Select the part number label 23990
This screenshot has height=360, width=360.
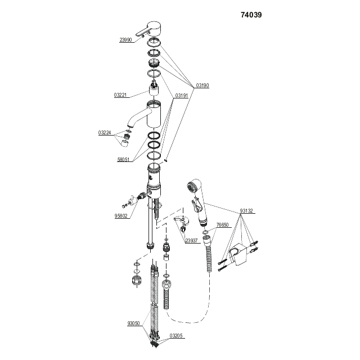125,40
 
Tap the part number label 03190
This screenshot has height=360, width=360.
202,86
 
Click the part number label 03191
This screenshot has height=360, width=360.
182,96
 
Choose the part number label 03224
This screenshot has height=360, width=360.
105,133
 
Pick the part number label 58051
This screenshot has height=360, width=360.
124,160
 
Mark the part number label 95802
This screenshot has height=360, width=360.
121,215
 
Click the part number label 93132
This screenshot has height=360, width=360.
246,211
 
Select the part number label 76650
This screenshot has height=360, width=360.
223,225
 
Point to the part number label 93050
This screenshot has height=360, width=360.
134,323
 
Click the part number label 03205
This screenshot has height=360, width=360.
175,336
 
